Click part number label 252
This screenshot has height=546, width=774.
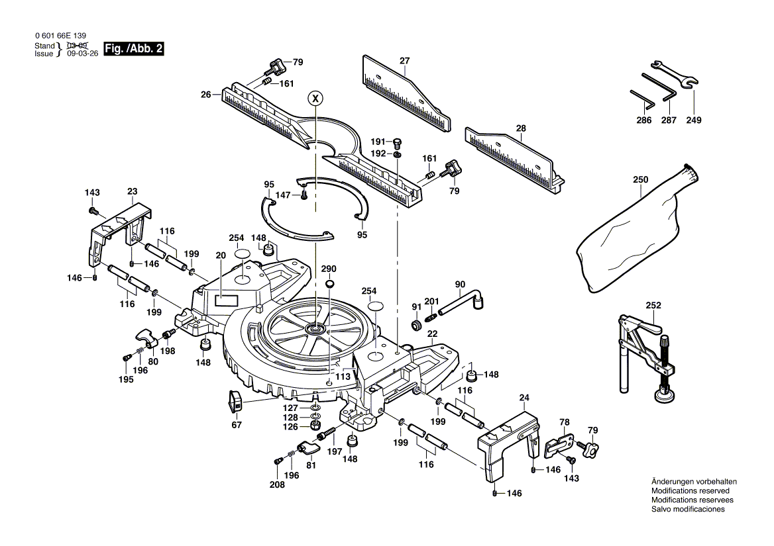[x=653, y=305]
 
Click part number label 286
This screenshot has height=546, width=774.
[x=643, y=120]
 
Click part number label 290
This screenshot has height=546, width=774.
[x=329, y=269]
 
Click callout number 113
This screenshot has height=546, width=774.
[x=343, y=377]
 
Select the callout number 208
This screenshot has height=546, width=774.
[x=277, y=485]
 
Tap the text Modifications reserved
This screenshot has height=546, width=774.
[x=690, y=491]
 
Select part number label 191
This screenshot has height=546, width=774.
[x=378, y=142]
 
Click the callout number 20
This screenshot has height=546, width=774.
[x=221, y=255]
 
